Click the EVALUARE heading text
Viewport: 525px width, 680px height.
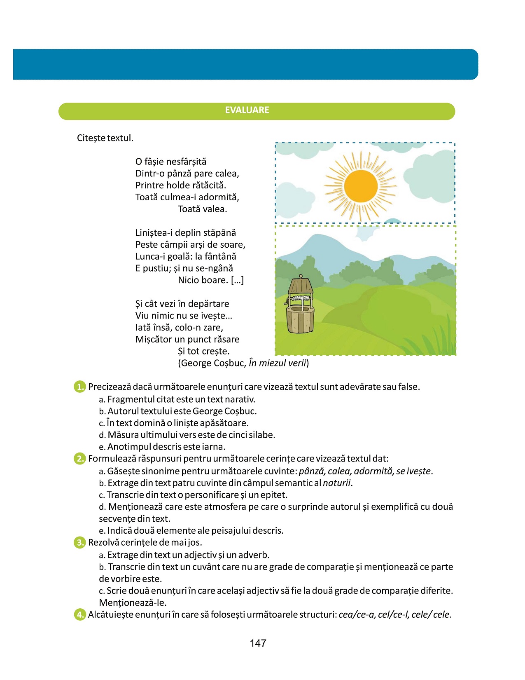pos(247,110)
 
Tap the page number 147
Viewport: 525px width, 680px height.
pos(258,643)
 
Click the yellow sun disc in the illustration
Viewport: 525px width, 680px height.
pos(361,186)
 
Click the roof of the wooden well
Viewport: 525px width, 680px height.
pos(300,285)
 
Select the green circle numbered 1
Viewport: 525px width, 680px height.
pos(79,387)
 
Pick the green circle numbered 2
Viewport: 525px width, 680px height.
pos(79,459)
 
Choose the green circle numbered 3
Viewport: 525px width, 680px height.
pos(79,542)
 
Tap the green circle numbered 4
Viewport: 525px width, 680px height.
pos(79,614)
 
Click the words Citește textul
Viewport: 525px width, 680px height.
pos(105,138)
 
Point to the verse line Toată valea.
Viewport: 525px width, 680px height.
pos(202,209)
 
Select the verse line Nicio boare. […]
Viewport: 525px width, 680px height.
pos(211,280)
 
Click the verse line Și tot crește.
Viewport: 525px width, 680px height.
pos(204,351)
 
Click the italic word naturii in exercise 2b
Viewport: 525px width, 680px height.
pos(336,483)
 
